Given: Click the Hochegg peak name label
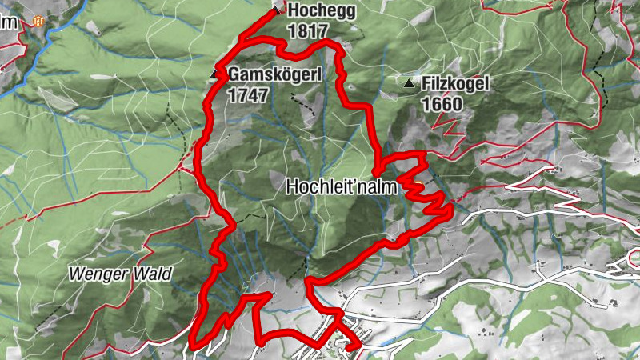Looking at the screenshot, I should coord(321,10).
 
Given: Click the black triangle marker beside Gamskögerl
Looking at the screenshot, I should coord(214,74).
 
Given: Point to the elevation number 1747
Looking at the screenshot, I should coord(246,94).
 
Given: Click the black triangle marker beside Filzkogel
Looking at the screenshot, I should coord(409,83).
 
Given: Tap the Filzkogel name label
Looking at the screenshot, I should coord(454,83).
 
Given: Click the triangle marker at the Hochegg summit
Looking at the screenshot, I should coord(277,9).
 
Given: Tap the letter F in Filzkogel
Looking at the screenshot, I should coord(425,83).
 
